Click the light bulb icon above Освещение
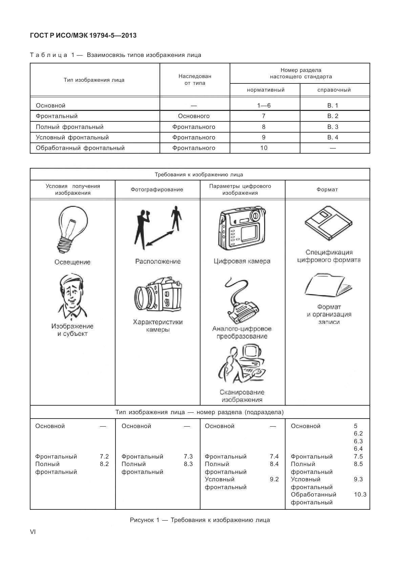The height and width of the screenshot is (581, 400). click(72, 229)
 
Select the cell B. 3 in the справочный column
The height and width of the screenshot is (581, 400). click(333, 127)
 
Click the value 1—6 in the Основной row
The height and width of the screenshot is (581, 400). click(264, 105)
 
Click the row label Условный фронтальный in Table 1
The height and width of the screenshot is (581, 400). click(72, 137)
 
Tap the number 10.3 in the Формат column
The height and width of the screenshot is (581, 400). click(360, 495)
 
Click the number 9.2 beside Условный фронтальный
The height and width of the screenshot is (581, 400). click(274, 479)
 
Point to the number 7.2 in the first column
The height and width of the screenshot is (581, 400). click(104, 457)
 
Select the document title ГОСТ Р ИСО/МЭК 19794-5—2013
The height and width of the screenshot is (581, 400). click(83, 35)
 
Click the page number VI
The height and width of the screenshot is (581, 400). click(33, 532)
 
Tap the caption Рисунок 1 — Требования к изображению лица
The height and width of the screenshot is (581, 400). click(200, 520)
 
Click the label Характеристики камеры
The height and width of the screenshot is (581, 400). click(158, 326)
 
